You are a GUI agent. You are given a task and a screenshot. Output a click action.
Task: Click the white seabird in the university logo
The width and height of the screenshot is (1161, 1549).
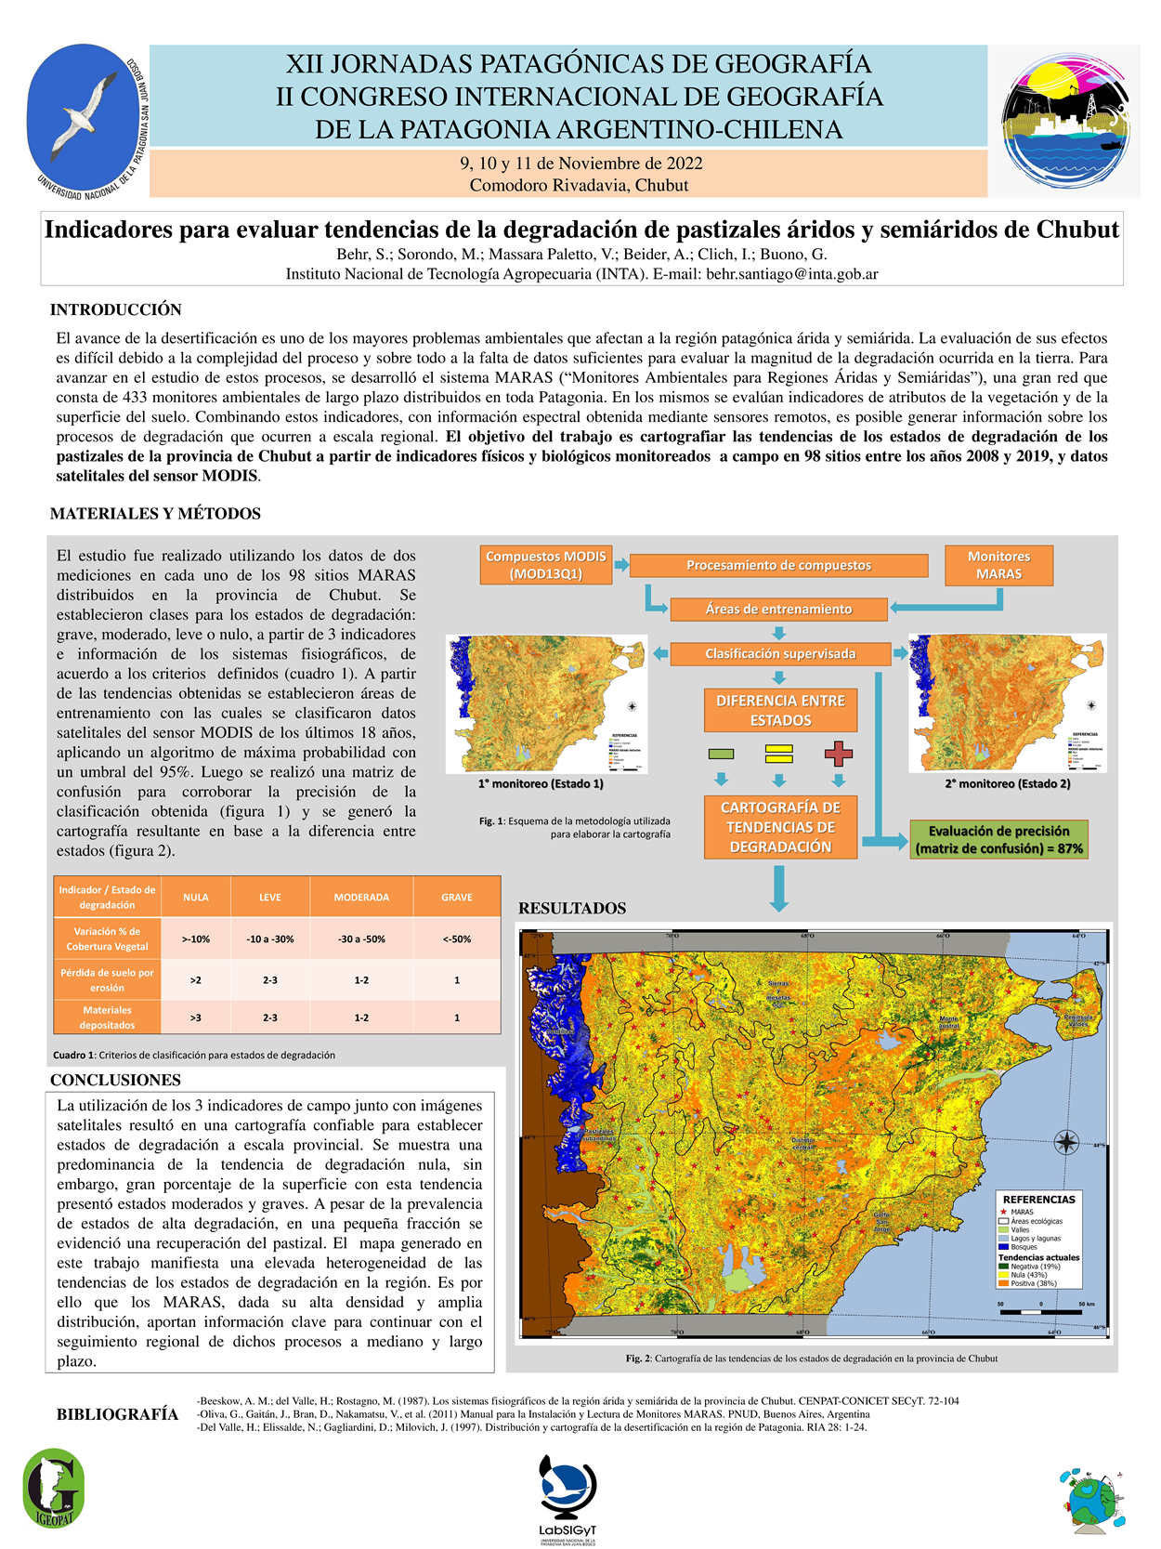tap(85, 115)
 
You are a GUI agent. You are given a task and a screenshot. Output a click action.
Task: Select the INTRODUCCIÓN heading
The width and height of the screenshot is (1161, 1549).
tap(116, 309)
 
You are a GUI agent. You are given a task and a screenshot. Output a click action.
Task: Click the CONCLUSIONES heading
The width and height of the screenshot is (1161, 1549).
tap(115, 1080)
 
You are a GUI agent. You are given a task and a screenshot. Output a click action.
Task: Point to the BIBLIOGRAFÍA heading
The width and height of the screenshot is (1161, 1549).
tap(117, 1414)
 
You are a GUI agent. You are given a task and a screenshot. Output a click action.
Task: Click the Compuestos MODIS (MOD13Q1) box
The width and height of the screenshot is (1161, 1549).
tap(545, 565)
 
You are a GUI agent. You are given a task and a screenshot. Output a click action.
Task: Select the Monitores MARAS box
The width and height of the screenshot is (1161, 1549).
tap(998, 565)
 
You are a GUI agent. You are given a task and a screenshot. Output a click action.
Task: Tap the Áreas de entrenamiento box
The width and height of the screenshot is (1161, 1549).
tap(778, 609)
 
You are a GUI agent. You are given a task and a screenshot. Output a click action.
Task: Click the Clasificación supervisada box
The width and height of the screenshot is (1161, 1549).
tap(780, 653)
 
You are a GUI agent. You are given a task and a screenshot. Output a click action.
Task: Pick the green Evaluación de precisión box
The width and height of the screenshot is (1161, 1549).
tap(998, 839)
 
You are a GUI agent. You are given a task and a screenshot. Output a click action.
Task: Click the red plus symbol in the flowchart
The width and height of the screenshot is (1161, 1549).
tap(838, 753)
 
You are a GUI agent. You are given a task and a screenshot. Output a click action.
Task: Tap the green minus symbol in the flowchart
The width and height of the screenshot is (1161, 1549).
tap(721, 754)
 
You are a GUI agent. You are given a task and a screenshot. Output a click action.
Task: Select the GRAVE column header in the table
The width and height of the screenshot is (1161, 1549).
tap(456, 897)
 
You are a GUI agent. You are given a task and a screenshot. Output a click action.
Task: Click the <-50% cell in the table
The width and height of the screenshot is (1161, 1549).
tap(456, 939)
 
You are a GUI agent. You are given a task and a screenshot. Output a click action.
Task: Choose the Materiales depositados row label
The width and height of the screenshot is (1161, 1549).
tap(107, 1017)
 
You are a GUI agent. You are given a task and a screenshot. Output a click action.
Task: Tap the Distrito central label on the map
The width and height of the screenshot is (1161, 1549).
tap(803, 1143)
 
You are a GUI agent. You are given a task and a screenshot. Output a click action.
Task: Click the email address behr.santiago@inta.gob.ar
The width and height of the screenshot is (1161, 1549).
tap(792, 274)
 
